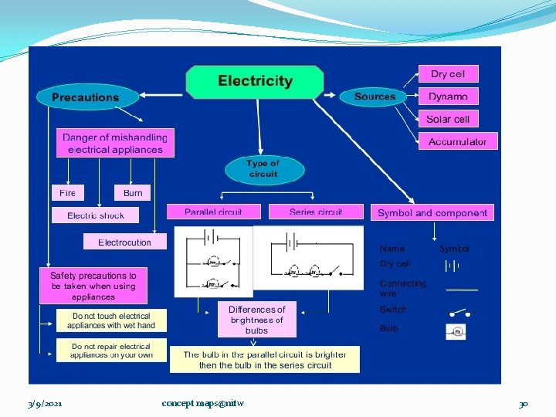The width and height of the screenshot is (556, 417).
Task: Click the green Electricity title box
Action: pyautogui.click(x=255, y=82)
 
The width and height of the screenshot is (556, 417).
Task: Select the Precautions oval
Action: pyautogui.click(x=86, y=97)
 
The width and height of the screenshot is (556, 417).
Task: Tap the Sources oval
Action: pyautogui.click(x=375, y=97)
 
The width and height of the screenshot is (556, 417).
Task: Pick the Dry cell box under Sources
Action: pyautogui.click(x=448, y=74)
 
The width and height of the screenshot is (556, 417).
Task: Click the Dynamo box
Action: pyautogui.click(x=448, y=97)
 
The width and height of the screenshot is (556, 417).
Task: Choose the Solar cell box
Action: pyautogui.click(x=448, y=119)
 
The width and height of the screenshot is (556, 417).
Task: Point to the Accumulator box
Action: pyautogui.click(x=458, y=141)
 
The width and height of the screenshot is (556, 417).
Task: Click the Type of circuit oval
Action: pyautogui.click(x=263, y=168)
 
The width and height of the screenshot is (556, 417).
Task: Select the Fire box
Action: pyautogui.click(x=68, y=193)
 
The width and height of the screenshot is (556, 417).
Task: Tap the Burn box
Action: pyautogui.click(x=133, y=193)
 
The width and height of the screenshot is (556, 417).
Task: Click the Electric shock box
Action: pyautogui.click(x=96, y=215)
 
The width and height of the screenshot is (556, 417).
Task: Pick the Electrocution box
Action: pyautogui.click(x=125, y=242)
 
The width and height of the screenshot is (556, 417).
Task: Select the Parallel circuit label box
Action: pyautogui.click(x=214, y=212)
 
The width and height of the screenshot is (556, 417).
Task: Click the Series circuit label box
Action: pyautogui.click(x=316, y=212)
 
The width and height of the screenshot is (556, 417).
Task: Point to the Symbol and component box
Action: pyautogui.click(x=432, y=212)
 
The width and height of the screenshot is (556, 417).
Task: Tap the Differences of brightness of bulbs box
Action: pyautogui.click(x=257, y=320)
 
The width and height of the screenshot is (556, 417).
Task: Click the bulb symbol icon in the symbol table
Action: pyautogui.click(x=456, y=331)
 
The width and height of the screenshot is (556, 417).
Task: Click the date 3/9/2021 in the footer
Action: pyautogui.click(x=45, y=403)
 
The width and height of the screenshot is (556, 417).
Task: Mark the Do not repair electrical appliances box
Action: pyautogui.click(x=111, y=351)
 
